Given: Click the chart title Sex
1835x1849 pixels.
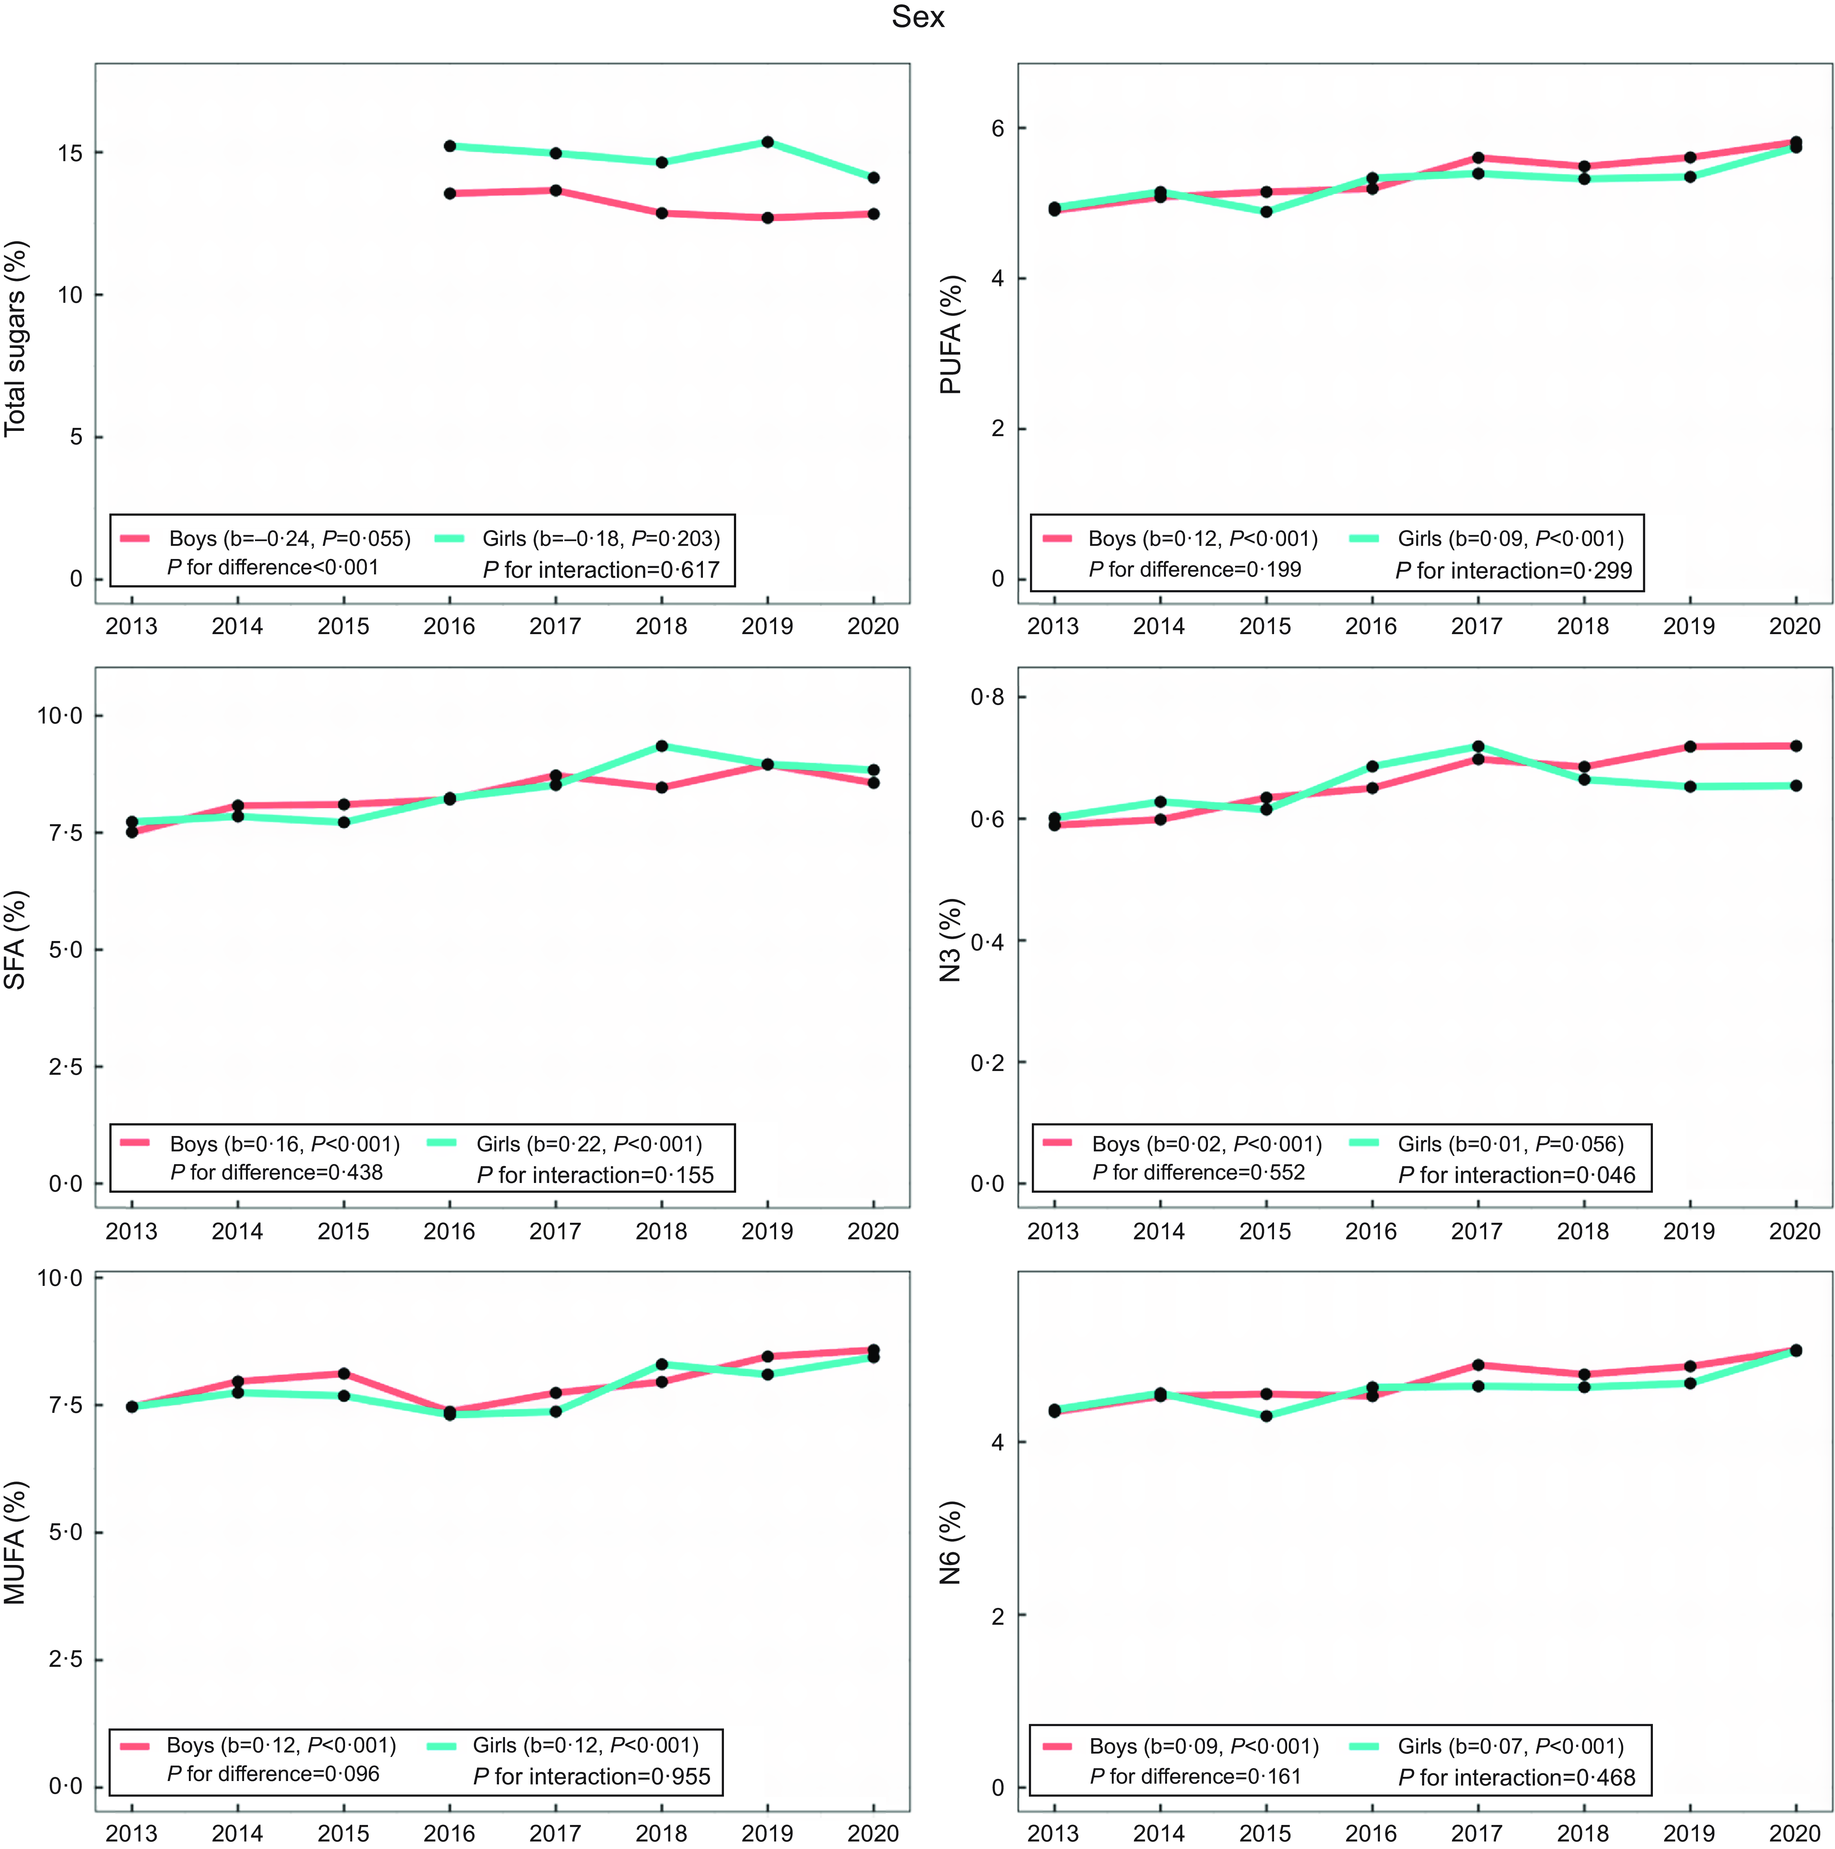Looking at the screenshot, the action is (x=918, y=17).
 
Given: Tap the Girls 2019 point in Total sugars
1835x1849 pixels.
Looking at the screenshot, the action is (x=767, y=142).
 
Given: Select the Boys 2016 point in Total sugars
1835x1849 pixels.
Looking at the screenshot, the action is (x=450, y=193).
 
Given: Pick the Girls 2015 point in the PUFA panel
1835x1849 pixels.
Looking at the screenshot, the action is (x=1266, y=211).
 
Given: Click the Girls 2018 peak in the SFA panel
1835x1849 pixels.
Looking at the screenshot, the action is (x=661, y=746).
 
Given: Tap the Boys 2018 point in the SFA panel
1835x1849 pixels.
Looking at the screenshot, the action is (x=661, y=788).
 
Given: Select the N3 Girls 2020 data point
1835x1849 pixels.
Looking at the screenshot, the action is (x=1796, y=786).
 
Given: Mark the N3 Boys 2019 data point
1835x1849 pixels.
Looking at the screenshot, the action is (x=1690, y=746).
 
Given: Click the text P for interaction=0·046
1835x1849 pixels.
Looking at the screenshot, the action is (x=1517, y=1175).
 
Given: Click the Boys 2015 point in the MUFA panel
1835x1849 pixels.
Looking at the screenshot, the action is (x=344, y=1373).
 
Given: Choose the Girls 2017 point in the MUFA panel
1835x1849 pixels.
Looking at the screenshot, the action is (x=556, y=1412).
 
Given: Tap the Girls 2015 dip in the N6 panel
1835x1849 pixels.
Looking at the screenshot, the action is (x=1266, y=1415).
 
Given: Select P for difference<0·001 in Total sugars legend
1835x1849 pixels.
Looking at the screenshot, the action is (x=273, y=568).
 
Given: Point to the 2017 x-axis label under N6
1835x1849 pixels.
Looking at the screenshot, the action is (x=1476, y=1833).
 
